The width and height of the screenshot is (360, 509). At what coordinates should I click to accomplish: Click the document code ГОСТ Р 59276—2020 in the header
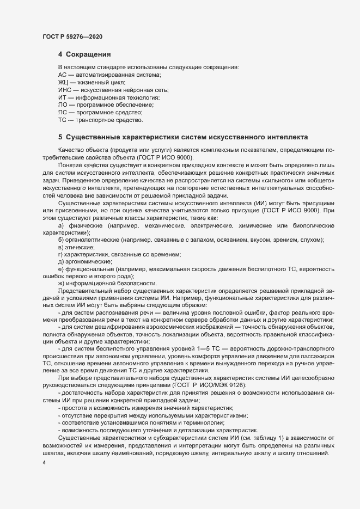pos(72,36)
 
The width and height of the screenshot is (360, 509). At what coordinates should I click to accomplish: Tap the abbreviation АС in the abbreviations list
pos(62,73)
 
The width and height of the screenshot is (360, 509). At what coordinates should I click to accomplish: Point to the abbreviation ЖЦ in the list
pos(63,81)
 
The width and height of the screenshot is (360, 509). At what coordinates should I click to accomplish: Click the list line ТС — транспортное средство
pos(100,119)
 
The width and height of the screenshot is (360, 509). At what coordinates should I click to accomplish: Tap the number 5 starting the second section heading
pos(60,136)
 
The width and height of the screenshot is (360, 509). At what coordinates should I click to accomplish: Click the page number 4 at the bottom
pos(44,462)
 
